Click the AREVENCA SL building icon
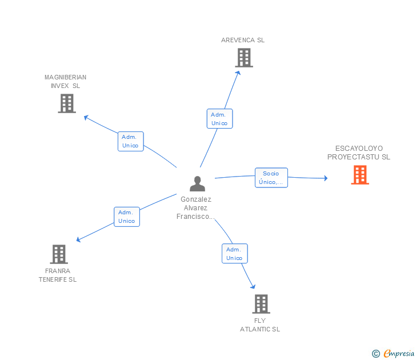(244, 58)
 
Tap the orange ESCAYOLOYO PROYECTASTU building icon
(360, 174)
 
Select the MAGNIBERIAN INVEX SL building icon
(67, 103)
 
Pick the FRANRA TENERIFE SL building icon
(59, 254)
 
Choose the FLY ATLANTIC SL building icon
(261, 304)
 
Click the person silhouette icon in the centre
(197, 183)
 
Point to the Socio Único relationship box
(271, 178)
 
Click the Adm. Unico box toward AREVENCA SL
(219, 119)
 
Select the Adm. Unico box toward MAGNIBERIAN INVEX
(130, 141)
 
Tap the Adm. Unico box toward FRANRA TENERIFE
(127, 217)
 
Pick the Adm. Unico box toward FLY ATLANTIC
(234, 253)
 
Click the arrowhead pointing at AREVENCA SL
(238, 73)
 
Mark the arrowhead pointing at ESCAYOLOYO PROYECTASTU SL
(326, 178)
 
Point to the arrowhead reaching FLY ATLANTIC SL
(253, 286)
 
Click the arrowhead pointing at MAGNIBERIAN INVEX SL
(86, 117)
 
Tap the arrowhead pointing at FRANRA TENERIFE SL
(78, 239)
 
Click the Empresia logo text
(399, 353)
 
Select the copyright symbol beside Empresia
(375, 354)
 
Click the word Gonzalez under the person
(196, 199)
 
